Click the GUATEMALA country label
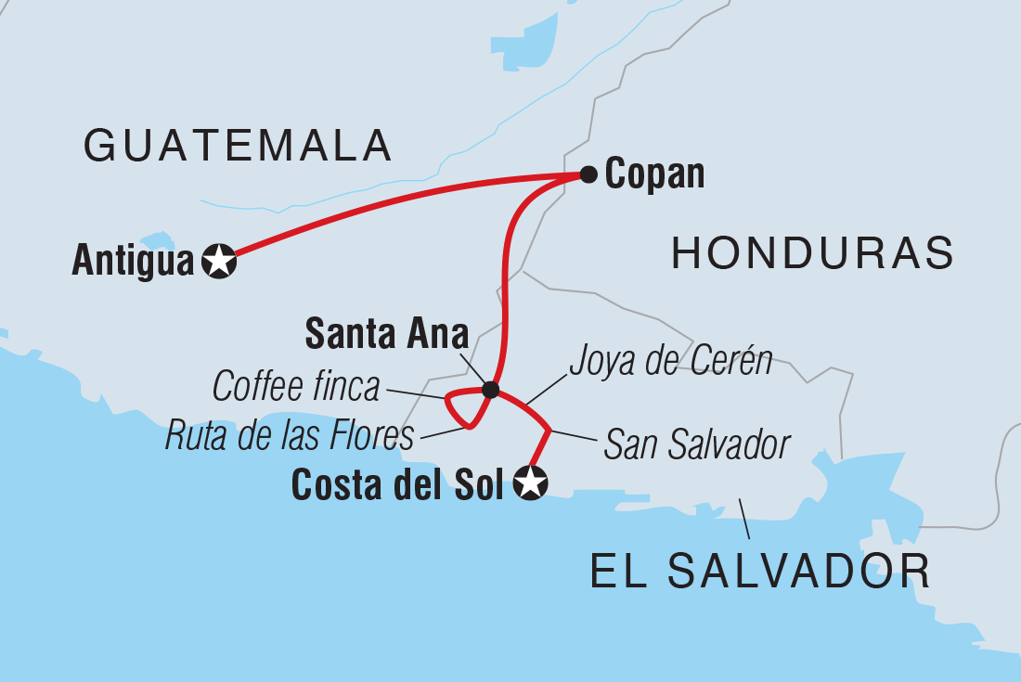point(238,147)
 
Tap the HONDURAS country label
point(812,252)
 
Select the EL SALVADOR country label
point(760,572)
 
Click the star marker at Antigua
point(219,263)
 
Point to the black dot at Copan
point(588,174)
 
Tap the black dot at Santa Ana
point(491,389)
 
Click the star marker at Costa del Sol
point(531,483)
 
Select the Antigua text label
point(133,263)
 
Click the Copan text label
point(654,174)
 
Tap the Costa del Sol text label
point(398,484)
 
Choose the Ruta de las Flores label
point(289,435)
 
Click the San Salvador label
point(696,445)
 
